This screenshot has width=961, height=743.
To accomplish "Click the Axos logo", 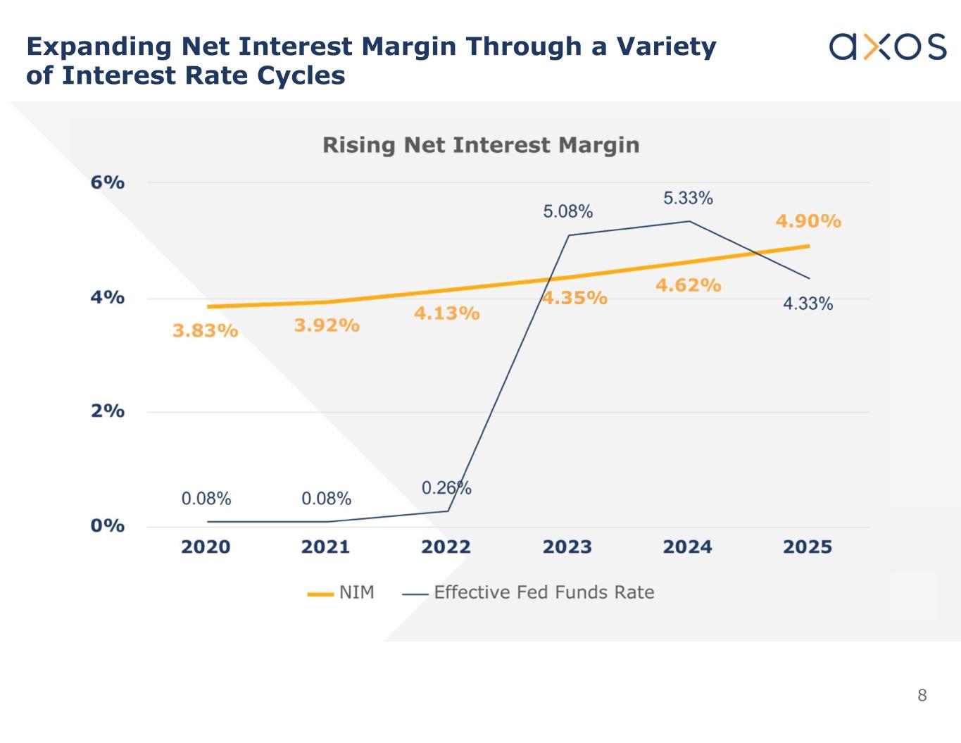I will point(888,46).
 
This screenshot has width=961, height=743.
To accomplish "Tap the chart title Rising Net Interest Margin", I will point(481,145).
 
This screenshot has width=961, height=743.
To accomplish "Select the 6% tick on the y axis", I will point(108,182).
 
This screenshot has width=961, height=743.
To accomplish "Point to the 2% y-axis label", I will point(108,411).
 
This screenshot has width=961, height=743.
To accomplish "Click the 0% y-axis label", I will point(108,526).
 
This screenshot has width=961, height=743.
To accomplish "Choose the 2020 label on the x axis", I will point(206,547).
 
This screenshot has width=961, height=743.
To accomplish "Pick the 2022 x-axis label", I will point(446,547).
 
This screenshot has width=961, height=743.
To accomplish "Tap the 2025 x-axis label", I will point(808,547).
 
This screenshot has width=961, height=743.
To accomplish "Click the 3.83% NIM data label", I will point(206,330).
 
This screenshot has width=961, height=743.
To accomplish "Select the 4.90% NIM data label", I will point(808,221).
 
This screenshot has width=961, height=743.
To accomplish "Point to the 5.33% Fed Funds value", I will point(688,199).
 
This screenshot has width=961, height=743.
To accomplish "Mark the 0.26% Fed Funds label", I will point(446,488).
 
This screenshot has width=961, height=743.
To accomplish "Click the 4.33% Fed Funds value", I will point(808,304).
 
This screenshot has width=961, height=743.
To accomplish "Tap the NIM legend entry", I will point(341,593).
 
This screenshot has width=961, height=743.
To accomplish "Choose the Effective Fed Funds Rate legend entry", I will point(529,593).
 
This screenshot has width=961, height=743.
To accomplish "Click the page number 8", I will point(922,696).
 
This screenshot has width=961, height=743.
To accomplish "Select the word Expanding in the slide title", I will point(99,46).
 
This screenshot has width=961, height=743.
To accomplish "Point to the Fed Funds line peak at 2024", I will point(689,221).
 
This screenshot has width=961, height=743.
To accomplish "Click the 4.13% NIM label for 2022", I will point(446,313).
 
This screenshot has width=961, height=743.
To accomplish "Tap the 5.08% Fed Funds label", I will point(567,211).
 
